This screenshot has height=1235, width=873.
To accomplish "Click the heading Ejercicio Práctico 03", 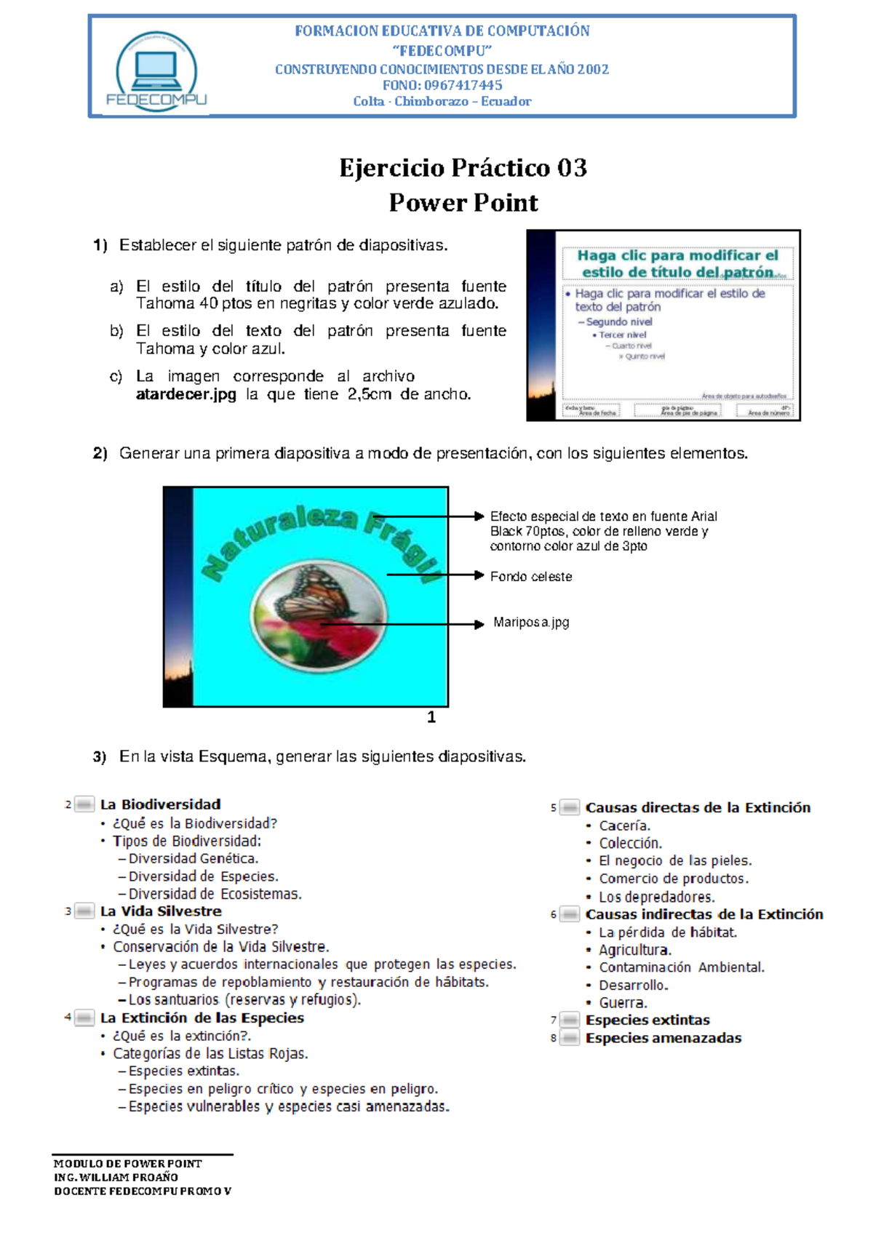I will [x=463, y=168].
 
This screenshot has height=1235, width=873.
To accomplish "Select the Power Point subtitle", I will [x=463, y=202].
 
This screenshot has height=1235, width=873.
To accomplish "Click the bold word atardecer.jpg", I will [x=186, y=394].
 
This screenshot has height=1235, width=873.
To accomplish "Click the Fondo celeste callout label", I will [x=531, y=577].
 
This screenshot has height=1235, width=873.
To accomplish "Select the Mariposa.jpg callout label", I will [x=531, y=623].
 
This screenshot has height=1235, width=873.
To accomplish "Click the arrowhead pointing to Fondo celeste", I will [x=479, y=575].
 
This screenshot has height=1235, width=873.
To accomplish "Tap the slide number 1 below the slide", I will [x=431, y=717].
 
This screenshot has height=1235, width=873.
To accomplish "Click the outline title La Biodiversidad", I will [x=160, y=804].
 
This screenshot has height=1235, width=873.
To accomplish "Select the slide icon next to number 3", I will [x=84, y=911].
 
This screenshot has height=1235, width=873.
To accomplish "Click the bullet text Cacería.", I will [x=624, y=826].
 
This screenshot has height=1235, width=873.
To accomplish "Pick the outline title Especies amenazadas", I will [x=663, y=1038].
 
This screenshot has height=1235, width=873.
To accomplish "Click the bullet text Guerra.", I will [x=622, y=1003].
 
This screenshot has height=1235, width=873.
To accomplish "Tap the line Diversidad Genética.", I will [x=193, y=859].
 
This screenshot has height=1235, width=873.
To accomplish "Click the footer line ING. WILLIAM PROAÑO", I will [x=116, y=1177].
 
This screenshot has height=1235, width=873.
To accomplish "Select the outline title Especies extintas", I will [x=647, y=1020].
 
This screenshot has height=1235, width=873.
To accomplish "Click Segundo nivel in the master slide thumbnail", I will [x=619, y=322].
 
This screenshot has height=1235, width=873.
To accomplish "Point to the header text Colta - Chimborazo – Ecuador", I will [x=442, y=102].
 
